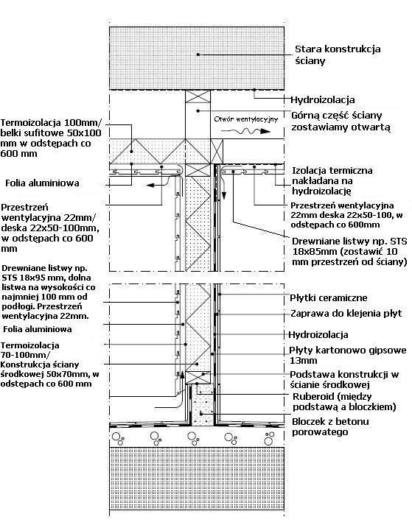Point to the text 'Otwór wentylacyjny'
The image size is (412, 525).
click(245, 119)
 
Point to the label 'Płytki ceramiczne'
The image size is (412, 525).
click(327, 297)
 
